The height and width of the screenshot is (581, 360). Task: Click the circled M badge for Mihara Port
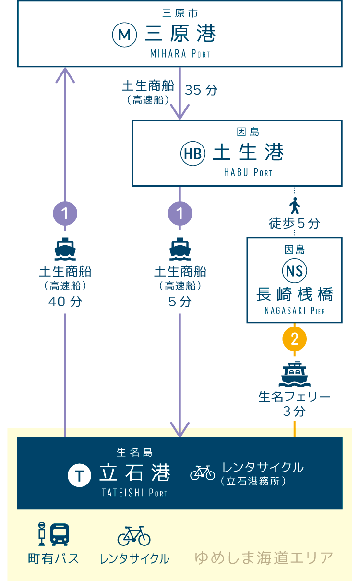tap(125, 35)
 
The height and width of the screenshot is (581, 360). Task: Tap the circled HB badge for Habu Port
tap(193, 153)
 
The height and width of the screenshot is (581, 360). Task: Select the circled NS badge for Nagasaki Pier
tap(295, 271)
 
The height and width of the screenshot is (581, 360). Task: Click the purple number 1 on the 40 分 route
tap(65, 213)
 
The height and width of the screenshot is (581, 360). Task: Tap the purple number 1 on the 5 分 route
tap(180, 213)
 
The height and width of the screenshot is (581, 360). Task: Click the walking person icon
tap(295, 206)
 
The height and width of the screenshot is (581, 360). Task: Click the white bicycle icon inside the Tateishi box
tap(203, 472)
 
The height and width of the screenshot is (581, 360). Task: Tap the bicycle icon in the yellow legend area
tap(134, 535)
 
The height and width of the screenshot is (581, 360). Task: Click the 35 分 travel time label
tap(201, 90)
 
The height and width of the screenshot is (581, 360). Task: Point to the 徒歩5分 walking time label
tap(295, 223)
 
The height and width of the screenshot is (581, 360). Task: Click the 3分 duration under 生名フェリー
tap(295, 412)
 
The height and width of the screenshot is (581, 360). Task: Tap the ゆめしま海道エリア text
tap(264, 558)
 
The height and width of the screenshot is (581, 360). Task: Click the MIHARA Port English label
tap(180, 54)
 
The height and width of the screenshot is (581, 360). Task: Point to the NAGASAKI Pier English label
tap(295, 311)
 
